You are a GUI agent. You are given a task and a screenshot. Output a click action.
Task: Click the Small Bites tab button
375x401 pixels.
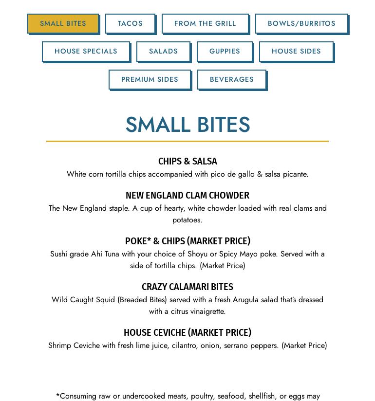(63, 23)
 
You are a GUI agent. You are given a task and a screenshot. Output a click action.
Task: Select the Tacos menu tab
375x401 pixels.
(130, 23)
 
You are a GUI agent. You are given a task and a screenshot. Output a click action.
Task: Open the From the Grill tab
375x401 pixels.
(205, 23)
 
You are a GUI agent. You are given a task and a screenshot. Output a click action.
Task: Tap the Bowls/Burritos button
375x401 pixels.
(301, 23)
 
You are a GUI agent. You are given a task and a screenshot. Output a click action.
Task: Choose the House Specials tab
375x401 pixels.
(86, 51)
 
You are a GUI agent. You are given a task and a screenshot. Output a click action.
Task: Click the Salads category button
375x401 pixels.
(163, 51)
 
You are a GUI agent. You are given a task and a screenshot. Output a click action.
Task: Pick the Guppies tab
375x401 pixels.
(225, 51)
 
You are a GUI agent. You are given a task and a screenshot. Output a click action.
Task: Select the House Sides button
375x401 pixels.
(296, 51)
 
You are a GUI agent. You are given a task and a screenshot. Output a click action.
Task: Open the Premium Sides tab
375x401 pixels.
(150, 79)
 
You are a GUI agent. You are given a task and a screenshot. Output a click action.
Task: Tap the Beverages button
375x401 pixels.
(232, 79)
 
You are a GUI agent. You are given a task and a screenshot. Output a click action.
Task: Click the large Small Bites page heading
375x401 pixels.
(187, 125)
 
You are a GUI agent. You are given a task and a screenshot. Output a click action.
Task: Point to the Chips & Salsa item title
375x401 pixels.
(187, 161)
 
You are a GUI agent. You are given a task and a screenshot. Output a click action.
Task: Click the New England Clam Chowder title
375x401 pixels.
(187, 195)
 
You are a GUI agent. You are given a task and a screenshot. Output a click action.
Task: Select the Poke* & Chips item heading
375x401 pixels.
(187, 241)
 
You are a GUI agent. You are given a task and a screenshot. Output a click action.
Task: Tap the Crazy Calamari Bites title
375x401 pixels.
(187, 287)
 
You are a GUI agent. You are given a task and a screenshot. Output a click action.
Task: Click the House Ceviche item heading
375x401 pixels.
(187, 332)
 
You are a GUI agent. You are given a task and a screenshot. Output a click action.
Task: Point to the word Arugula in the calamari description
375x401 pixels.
(245, 300)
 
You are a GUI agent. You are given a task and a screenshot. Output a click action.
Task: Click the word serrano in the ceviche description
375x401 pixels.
(236, 346)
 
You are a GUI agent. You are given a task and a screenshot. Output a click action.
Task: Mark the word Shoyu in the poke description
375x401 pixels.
(197, 254)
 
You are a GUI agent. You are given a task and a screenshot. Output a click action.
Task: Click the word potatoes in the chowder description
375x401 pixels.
(187, 220)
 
